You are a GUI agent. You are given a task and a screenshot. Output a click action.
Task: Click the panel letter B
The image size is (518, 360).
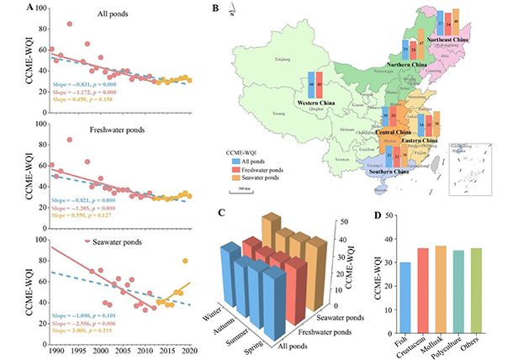[x=216, y=9]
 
